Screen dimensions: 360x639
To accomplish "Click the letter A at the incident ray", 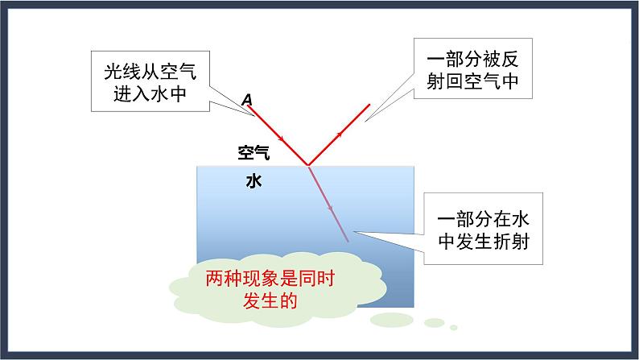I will click(247, 100).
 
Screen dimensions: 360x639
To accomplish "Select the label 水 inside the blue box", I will click(254, 181).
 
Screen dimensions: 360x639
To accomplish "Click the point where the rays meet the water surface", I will click(308, 166).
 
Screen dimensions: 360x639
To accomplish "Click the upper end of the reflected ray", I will click(369, 104).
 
